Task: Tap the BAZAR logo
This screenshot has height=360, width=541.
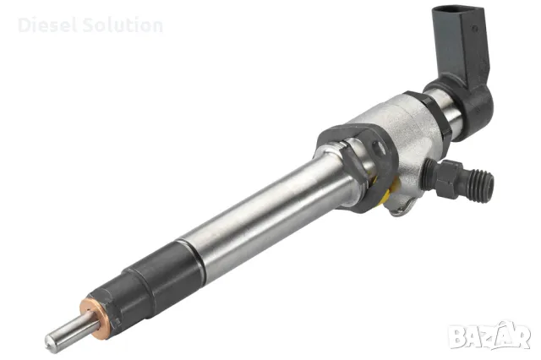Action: pyautogui.click(x=489, y=335)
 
